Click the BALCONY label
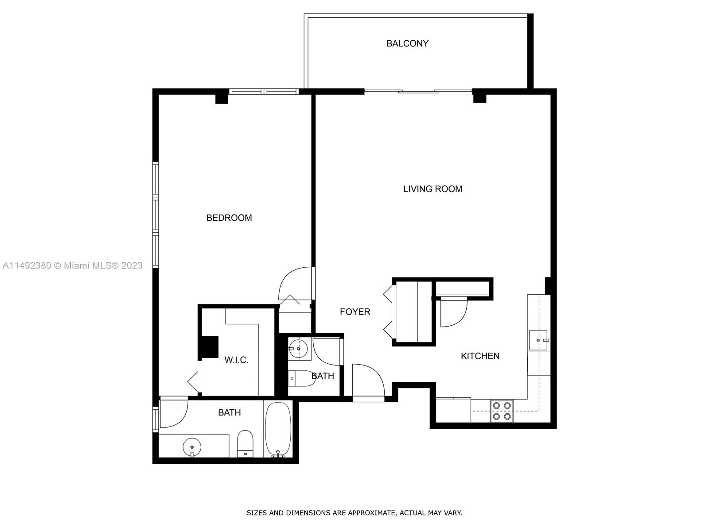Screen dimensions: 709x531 [x=407, y=43]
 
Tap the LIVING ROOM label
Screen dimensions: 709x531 [x=432, y=189]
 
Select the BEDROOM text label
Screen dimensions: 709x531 [x=229, y=218]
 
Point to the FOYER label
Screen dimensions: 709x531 [x=355, y=312]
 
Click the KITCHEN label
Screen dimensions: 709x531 [x=480, y=356]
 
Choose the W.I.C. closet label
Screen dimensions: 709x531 [x=237, y=360]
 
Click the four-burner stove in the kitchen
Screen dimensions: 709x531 [x=502, y=411]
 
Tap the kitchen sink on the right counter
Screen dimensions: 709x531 [x=538, y=340]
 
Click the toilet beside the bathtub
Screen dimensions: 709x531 [x=245, y=443]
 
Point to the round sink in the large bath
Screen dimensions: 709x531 [x=192, y=447]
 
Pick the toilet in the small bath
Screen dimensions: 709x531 [x=301, y=378]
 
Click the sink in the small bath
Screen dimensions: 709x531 [x=298, y=349]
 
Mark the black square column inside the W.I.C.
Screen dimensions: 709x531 [x=210, y=347]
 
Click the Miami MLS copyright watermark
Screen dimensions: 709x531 [x=72, y=265]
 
